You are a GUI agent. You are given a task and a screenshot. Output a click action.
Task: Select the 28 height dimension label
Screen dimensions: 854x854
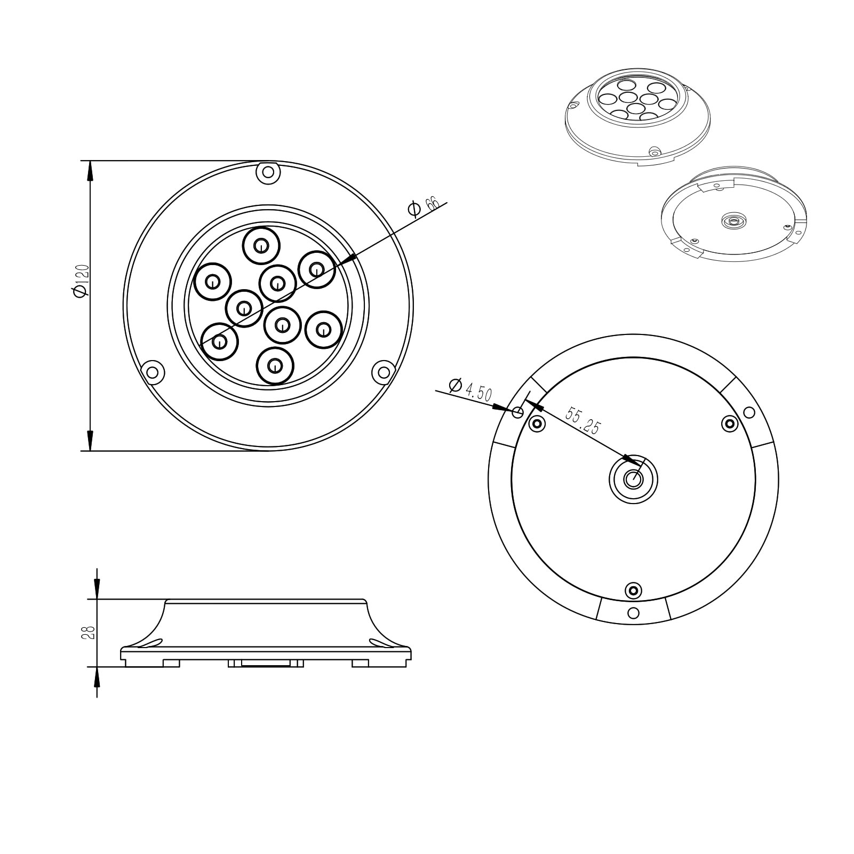pyautogui.click(x=89, y=633)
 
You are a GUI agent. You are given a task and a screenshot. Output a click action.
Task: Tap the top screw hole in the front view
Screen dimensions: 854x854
pyautogui.click(x=268, y=172)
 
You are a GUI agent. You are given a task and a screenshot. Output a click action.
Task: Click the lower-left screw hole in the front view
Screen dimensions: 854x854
pyautogui.click(x=153, y=371)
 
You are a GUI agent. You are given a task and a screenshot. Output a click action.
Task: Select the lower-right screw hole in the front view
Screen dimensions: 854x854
pyautogui.click(x=383, y=372)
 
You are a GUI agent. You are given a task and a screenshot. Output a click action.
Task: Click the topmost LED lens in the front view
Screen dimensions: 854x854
pyautogui.click(x=261, y=246)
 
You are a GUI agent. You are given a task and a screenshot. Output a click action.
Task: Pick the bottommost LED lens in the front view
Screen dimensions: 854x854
pyautogui.click(x=275, y=365)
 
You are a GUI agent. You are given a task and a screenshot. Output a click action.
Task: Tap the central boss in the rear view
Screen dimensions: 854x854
pyautogui.click(x=633, y=479)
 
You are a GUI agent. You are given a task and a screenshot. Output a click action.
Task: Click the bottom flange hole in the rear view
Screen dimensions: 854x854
pyautogui.click(x=633, y=612)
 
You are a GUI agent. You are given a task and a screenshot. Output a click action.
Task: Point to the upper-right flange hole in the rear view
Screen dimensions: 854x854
pyautogui.click(x=749, y=412)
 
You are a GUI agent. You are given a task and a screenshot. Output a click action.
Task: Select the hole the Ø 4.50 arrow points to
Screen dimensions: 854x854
pyautogui.click(x=518, y=412)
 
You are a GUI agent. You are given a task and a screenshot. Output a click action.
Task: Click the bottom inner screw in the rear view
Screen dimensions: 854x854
pyautogui.click(x=633, y=590)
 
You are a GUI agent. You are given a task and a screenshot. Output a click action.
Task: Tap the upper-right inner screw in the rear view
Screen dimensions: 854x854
pyautogui.click(x=730, y=424)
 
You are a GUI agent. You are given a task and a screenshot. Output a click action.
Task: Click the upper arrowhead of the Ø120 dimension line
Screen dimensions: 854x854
pyautogui.click(x=90, y=171)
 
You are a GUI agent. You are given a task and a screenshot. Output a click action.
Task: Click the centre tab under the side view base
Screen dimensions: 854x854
pyautogui.click(x=266, y=663)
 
